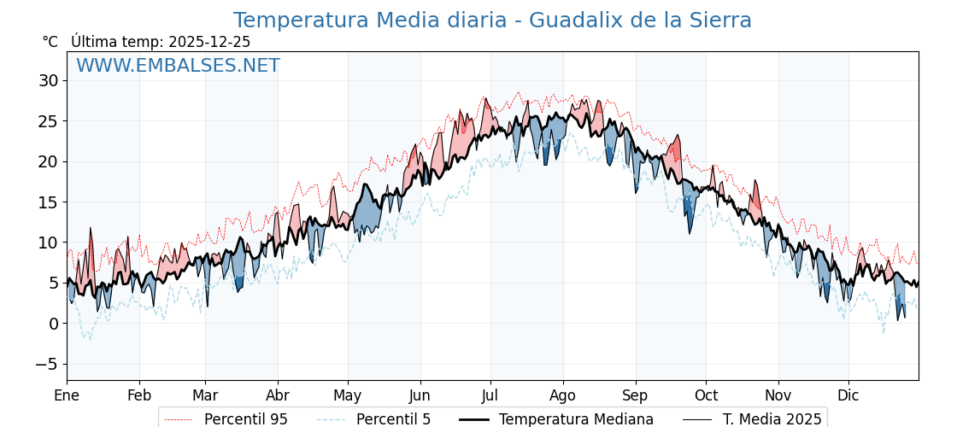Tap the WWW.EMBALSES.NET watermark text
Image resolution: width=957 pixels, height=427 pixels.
pos(178,66)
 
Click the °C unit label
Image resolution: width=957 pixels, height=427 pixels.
pos(50,42)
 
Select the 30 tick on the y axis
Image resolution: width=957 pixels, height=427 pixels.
pos(48,81)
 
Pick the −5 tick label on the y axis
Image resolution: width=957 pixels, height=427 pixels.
pos(45,364)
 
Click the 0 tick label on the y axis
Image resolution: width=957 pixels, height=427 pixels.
pos(53,324)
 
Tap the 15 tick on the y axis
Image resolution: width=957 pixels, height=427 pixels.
pos(48,202)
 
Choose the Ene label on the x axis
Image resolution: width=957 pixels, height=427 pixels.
pos(67,395)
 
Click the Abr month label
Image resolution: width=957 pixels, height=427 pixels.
pos(278,395)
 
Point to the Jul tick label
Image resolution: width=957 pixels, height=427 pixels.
pos(490,395)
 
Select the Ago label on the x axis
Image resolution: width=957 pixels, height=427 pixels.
pos(563,395)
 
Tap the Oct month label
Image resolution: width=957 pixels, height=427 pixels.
pos(706,395)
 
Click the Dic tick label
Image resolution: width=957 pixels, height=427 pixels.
pos(848,395)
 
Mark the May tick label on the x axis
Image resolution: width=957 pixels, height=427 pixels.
pos(348,395)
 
